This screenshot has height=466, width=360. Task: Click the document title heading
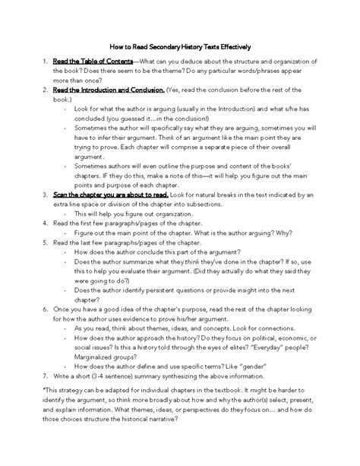180,46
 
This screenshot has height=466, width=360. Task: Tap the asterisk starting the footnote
45,411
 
